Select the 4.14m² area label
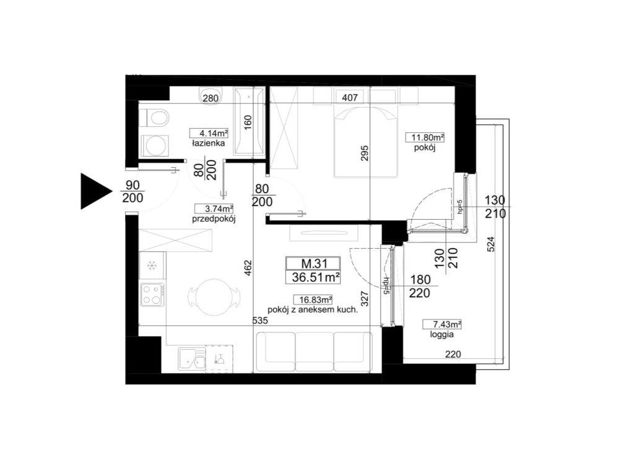click(x=209, y=133)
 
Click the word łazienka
click(x=209, y=144)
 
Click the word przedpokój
click(x=214, y=220)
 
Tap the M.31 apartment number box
click(x=313, y=264)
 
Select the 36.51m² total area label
click(x=313, y=277)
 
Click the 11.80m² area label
click(x=425, y=137)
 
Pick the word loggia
click(x=442, y=335)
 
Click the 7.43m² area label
click(x=442, y=324)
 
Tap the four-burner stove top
click(x=152, y=294)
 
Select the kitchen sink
click(x=191, y=359)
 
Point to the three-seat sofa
click(x=314, y=352)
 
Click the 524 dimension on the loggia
click(x=491, y=244)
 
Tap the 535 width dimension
click(x=260, y=321)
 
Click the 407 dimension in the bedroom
click(x=350, y=97)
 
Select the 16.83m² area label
click(x=313, y=300)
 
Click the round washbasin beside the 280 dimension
click(x=211, y=96)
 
